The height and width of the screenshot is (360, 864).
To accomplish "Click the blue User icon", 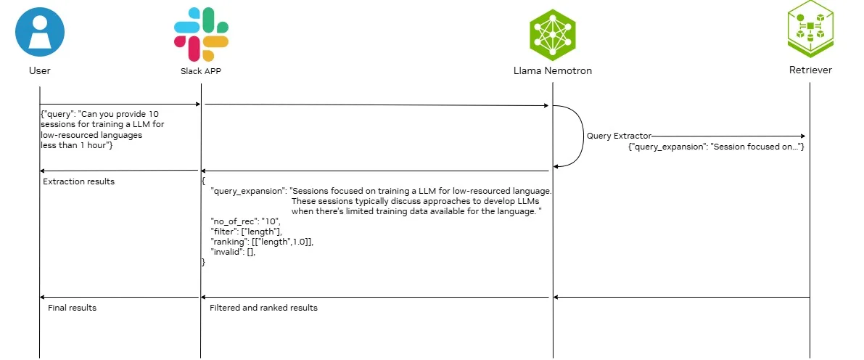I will (40, 31).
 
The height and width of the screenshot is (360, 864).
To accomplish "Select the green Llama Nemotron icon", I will (553, 34).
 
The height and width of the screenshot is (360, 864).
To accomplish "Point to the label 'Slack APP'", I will (201, 71).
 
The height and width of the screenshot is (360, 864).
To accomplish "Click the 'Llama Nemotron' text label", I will (553, 70).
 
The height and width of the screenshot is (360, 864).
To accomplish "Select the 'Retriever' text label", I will (810, 70).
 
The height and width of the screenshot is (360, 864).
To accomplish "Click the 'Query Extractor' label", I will (619, 136).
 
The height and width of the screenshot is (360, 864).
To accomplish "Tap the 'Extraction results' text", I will (78, 181).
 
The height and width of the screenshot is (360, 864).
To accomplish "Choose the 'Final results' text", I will (72, 308).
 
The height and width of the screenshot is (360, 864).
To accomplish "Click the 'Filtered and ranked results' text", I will (263, 308).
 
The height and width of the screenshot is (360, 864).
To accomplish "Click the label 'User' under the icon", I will (40, 71).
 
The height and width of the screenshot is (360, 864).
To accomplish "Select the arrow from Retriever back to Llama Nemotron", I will (681, 297).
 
